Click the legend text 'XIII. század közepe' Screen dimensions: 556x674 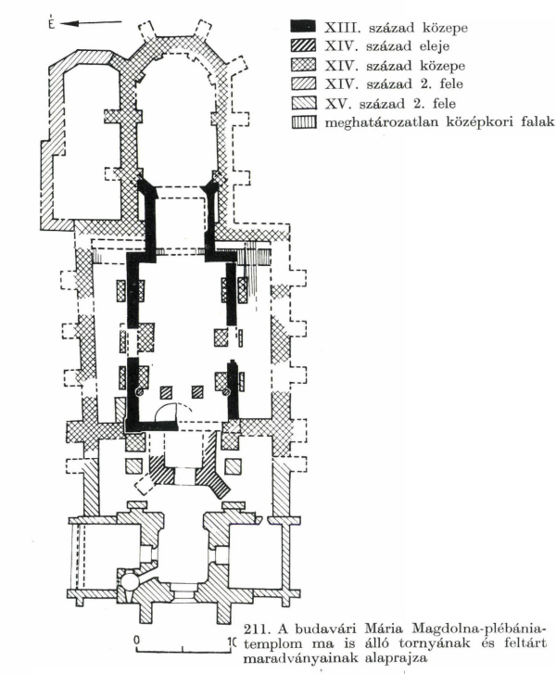[396, 28]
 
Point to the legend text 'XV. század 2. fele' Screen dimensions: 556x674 [390, 104]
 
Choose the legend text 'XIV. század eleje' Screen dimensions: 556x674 [386, 46]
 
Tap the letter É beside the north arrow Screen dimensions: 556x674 [52, 22]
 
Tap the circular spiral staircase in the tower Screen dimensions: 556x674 [130, 582]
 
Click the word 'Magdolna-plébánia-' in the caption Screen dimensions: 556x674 [479, 629]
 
